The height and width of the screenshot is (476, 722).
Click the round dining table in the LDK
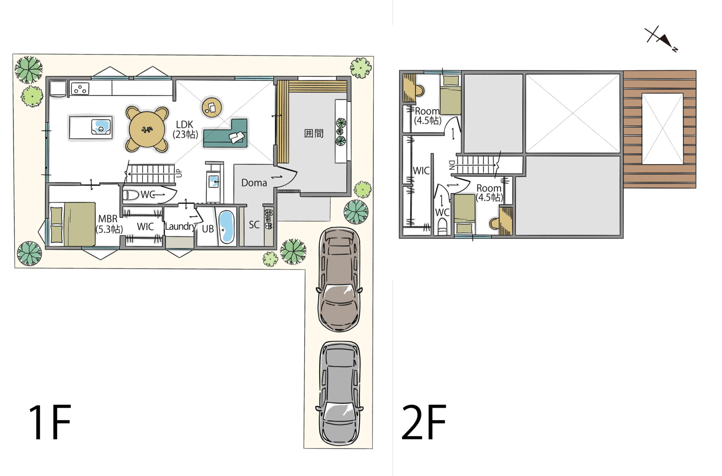pyautogui.click(x=147, y=129)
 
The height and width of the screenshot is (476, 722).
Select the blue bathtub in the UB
pyautogui.click(x=226, y=226)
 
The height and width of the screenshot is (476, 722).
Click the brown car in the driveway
pyautogui.click(x=339, y=279)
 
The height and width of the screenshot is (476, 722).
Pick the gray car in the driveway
pyautogui.click(x=339, y=393)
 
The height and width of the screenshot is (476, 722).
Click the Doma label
pyautogui.click(x=254, y=183)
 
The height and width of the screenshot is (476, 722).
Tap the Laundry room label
pyautogui.click(x=180, y=226)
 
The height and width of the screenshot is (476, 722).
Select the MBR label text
pyautogui.click(x=108, y=219)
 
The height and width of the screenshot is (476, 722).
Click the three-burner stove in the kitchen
pyautogui.click(x=80, y=88)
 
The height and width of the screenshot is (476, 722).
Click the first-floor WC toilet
pyautogui.click(x=130, y=195)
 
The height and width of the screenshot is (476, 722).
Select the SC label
pyautogui.click(x=254, y=225)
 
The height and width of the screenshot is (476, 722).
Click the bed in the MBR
pyautogui.click(x=73, y=224)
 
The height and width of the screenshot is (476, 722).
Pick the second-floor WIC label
pyautogui.click(x=421, y=170)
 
